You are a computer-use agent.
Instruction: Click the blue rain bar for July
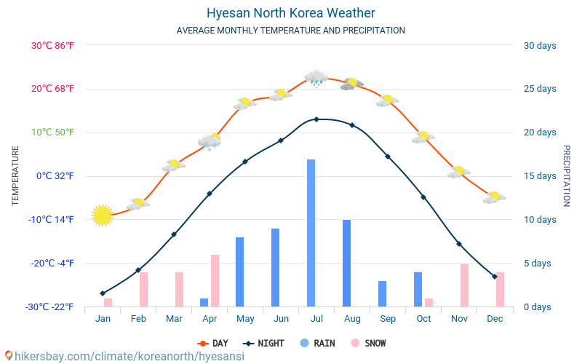pos(311,233)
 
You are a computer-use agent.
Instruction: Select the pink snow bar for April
pos(215,280)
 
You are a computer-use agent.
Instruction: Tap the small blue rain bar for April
pos(204,302)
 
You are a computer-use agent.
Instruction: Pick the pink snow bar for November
pos(464,285)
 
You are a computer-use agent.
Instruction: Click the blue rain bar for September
pos(382,293)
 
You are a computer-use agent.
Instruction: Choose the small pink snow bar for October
pos(428,302)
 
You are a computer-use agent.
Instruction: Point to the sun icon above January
pos(103,215)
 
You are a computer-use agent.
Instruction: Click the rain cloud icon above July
pos(316,78)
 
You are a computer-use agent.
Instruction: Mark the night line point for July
pos(316,119)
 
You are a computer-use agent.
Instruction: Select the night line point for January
pos(103,293)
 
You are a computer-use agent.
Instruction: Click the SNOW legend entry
pos(369,343)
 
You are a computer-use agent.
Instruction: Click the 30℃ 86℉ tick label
pos(52,45)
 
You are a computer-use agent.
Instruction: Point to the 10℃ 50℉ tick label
pos(52,132)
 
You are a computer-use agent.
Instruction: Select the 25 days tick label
pos(540,89)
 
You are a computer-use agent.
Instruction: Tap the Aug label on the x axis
pos(352,319)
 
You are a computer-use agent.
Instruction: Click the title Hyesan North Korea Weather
pos(291,13)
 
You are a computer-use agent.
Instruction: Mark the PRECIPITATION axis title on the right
pos(567,175)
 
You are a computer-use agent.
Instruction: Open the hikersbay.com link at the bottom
pos(124,357)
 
